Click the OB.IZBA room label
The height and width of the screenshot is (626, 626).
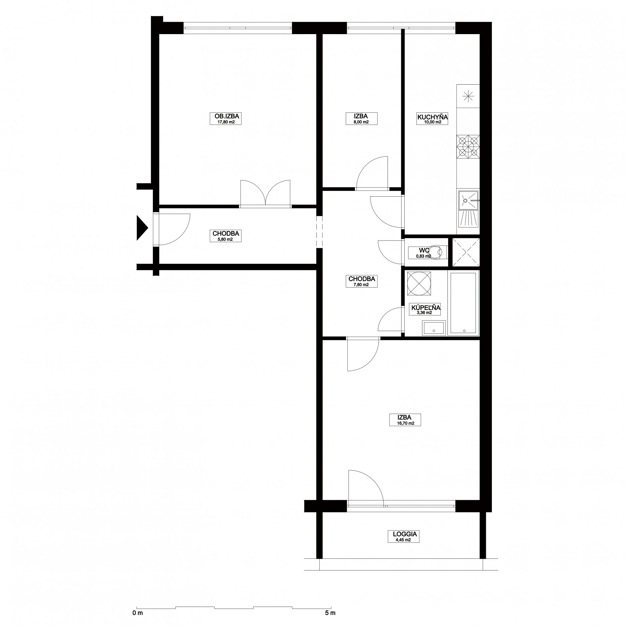tap(225, 116)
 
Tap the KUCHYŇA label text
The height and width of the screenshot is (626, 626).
tap(432, 117)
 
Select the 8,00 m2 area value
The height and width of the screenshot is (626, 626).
tap(361, 122)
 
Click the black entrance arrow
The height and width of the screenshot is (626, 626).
tap(142, 228)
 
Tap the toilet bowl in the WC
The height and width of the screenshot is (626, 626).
tap(436, 251)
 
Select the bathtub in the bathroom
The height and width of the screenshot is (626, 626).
tap(464, 303)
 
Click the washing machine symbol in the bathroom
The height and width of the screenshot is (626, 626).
tap(418, 284)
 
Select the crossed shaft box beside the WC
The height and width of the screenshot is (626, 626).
tap(466, 252)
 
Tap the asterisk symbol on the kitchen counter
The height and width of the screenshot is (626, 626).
tap(468, 96)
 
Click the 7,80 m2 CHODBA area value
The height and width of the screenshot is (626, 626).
tap(361, 285)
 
